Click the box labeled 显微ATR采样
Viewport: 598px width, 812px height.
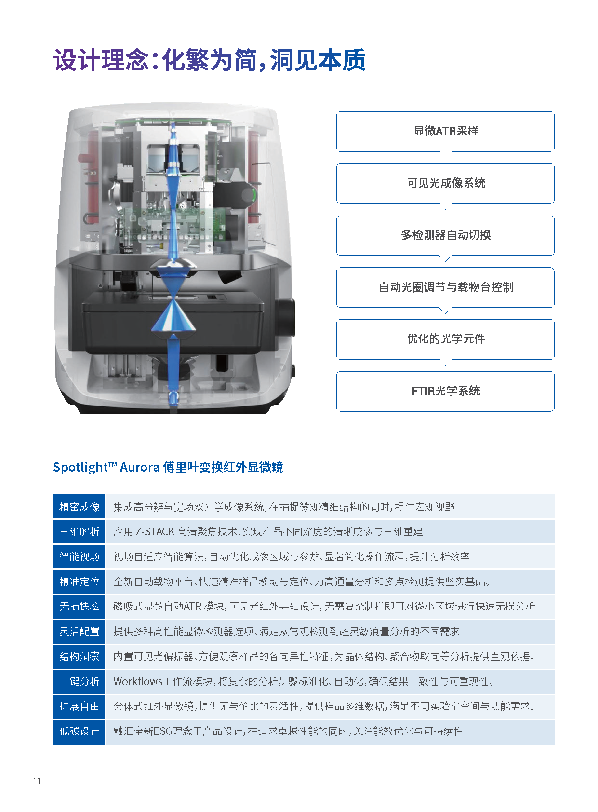[x=445, y=131]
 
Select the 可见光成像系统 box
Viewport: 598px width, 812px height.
[x=445, y=183]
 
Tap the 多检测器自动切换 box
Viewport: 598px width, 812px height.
[x=445, y=235]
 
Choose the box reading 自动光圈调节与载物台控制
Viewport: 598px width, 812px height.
[x=445, y=287]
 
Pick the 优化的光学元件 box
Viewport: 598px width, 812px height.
[x=445, y=339]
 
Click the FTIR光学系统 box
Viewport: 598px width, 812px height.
[x=445, y=392]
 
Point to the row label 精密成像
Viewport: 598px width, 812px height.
[x=79, y=506]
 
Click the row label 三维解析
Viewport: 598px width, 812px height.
[x=79, y=531]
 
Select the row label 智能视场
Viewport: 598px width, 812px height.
[x=79, y=556]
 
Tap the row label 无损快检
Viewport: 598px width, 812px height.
[x=79, y=607]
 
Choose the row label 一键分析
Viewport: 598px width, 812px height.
[x=79, y=681]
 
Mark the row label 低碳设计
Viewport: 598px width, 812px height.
[x=79, y=731]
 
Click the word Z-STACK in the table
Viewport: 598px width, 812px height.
[x=155, y=532]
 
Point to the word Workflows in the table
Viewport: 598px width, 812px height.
[x=138, y=681]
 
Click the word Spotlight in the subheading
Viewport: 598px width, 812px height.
[x=80, y=467]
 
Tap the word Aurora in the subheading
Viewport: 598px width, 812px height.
[x=139, y=467]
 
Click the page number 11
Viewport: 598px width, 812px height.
[x=37, y=781]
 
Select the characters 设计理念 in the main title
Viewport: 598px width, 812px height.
[x=101, y=60]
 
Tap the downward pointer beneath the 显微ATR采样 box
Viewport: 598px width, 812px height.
[x=445, y=154]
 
